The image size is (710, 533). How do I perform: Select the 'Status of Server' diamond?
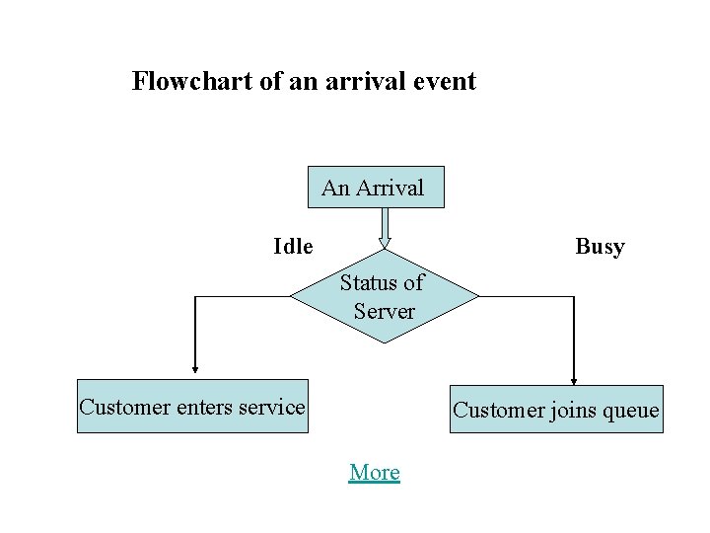(384, 296)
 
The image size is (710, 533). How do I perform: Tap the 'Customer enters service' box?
(192, 407)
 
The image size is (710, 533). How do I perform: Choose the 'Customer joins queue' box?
(555, 410)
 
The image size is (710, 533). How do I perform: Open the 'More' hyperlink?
(375, 472)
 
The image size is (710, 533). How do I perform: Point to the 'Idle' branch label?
(293, 246)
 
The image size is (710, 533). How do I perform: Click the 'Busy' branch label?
(600, 246)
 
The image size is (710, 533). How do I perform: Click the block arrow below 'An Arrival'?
(385, 226)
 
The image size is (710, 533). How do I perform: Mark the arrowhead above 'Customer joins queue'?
(573, 379)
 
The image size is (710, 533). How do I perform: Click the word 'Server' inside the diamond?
(385, 312)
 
